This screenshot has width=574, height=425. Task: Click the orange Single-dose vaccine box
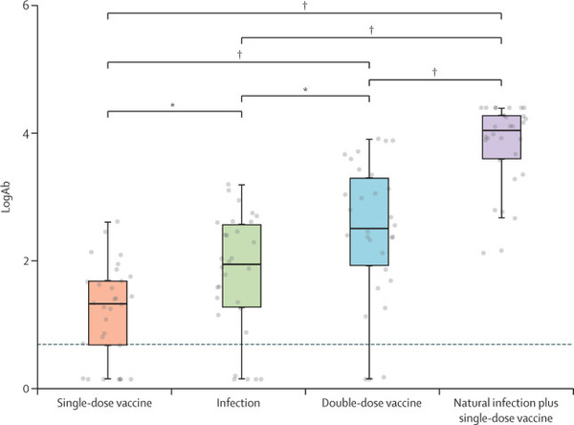click(x=108, y=312)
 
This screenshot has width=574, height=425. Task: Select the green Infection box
click(x=240, y=266)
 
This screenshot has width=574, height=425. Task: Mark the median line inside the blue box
click(x=369, y=229)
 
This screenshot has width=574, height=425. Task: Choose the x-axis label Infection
click(x=240, y=404)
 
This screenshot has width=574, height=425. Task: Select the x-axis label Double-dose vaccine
click(x=369, y=404)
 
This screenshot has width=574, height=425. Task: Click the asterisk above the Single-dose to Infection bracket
click(x=173, y=104)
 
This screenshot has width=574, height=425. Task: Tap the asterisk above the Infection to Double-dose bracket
click(x=305, y=89)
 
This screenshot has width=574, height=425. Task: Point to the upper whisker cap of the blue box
click(x=369, y=139)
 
